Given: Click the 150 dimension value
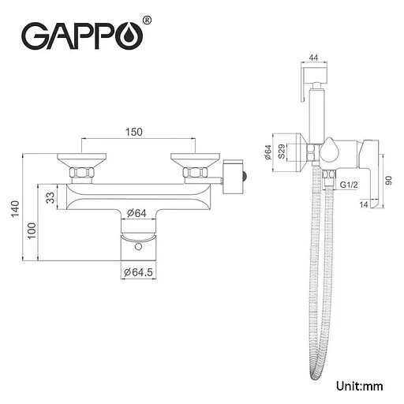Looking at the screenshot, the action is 133,132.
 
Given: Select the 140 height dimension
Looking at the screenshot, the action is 16,208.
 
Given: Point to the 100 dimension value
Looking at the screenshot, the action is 32,230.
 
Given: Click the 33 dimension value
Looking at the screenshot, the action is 50,198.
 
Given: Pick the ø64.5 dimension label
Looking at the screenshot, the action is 138,272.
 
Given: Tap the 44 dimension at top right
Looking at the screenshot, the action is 314,58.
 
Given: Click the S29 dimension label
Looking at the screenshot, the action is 282,151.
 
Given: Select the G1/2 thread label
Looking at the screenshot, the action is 349,185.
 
